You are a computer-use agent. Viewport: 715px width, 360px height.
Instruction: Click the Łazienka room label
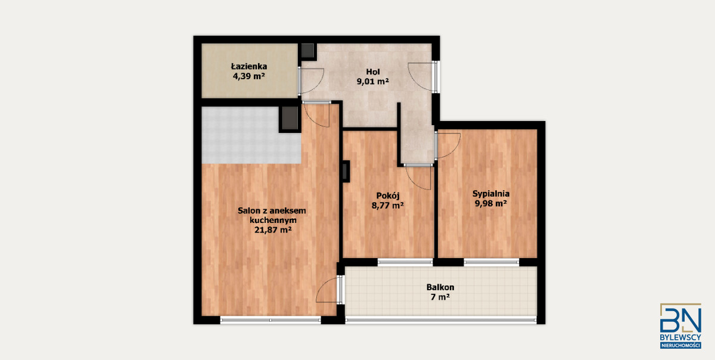pos(249,66)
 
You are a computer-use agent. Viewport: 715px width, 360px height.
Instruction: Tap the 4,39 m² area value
pos(249,76)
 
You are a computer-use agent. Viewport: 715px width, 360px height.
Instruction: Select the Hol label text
pos(373,72)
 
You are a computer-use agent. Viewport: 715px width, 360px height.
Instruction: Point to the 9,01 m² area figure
pos(373,81)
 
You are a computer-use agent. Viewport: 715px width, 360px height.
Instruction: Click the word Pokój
pos(388,196)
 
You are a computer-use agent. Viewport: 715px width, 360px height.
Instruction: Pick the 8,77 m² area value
pos(388,206)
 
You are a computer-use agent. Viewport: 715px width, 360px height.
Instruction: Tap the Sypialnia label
pos(491,194)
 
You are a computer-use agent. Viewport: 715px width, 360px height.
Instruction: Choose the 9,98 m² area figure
pos(491,203)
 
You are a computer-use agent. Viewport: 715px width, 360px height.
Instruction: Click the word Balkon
pos(440,287)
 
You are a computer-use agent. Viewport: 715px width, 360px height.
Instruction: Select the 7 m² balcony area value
pos(440,297)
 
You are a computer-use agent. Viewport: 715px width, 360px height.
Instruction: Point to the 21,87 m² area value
pos(273,229)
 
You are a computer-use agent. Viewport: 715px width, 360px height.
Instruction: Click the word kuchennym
pos(273,220)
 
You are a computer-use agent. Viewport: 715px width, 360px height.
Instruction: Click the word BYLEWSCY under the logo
pos(680,337)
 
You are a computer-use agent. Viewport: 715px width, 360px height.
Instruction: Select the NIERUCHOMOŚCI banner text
pos(680,345)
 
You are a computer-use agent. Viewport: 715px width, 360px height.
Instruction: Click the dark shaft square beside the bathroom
pos(308,51)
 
